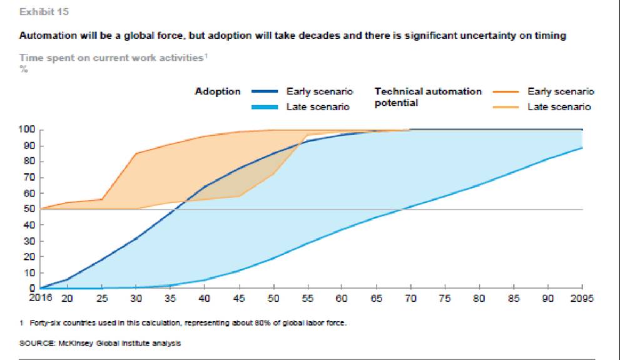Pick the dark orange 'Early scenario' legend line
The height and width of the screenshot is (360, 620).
[x=505, y=91]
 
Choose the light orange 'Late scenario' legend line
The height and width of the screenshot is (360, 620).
[x=505, y=107]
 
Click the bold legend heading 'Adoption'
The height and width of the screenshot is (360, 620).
[x=217, y=91]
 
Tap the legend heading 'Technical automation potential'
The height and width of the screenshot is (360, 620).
[x=428, y=96]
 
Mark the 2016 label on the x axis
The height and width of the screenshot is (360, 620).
[x=40, y=297]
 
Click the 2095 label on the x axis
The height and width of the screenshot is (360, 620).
[x=581, y=297]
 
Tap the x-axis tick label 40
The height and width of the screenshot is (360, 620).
[x=203, y=298]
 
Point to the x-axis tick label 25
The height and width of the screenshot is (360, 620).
[x=101, y=298]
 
